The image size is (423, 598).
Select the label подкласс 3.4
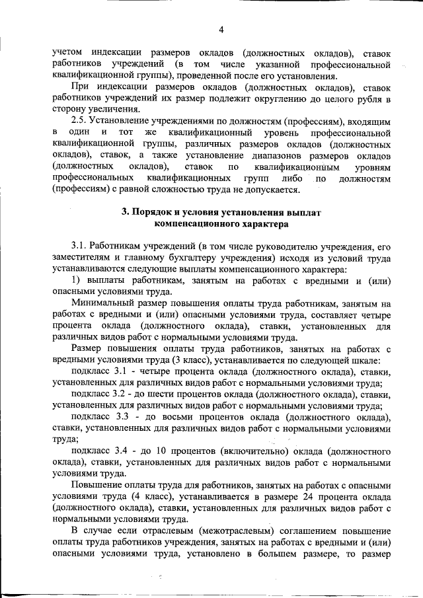(99, 451)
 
